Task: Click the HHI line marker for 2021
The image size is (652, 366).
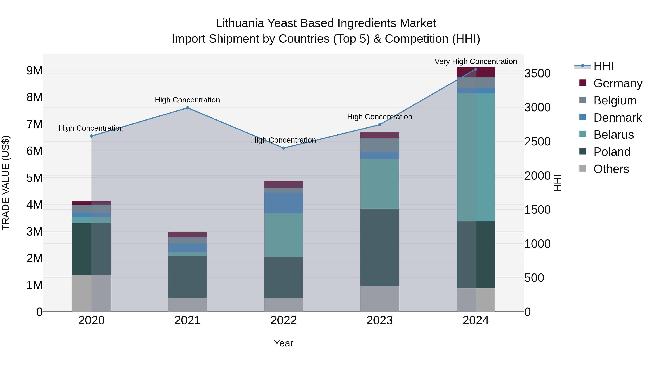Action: (188, 108)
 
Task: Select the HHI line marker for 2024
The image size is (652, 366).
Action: (476, 69)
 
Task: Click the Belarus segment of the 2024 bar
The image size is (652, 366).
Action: (476, 157)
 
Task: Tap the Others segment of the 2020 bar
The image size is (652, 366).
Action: (91, 293)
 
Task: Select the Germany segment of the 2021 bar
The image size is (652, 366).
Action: (188, 235)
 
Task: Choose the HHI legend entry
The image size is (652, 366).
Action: (603, 66)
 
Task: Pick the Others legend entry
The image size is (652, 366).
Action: (611, 169)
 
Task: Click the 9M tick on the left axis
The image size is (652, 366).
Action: (35, 70)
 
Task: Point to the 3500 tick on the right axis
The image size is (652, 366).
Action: (537, 74)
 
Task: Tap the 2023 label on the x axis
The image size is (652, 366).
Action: (379, 320)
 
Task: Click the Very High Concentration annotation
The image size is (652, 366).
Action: (476, 61)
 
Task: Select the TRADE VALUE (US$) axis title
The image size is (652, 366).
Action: (6, 183)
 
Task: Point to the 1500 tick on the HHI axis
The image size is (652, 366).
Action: (537, 210)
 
